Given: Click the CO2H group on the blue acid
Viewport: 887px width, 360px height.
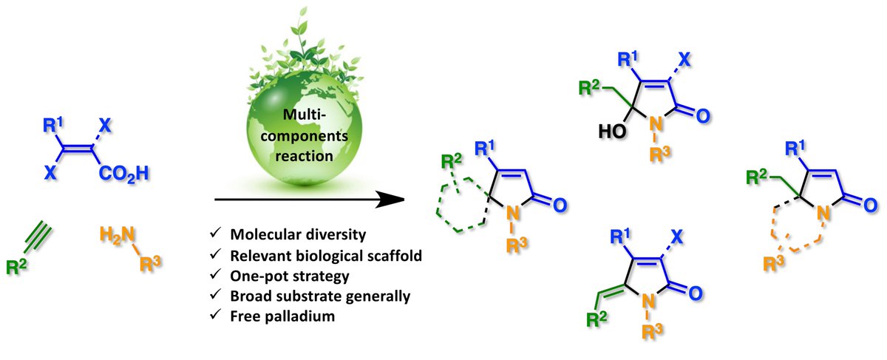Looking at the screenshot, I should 124,174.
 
